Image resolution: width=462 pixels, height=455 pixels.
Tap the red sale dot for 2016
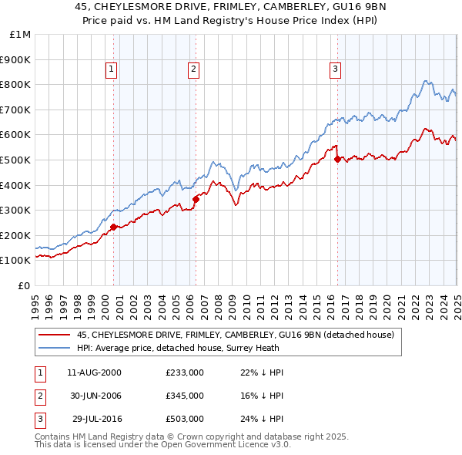[338, 160]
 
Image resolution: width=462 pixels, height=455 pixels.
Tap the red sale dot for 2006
[196, 199]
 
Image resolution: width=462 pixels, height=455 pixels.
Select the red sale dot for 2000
[113, 227]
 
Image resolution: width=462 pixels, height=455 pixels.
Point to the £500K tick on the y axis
[15, 160]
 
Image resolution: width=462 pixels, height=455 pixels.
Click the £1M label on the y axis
[19, 34]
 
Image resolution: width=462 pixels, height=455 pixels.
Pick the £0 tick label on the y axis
[22, 285]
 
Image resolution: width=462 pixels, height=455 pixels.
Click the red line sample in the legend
[55, 335]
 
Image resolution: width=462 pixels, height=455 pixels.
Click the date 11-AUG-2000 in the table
[94, 372]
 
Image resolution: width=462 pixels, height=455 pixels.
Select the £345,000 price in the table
[185, 396]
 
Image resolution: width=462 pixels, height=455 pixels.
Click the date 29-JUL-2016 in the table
[95, 420]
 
